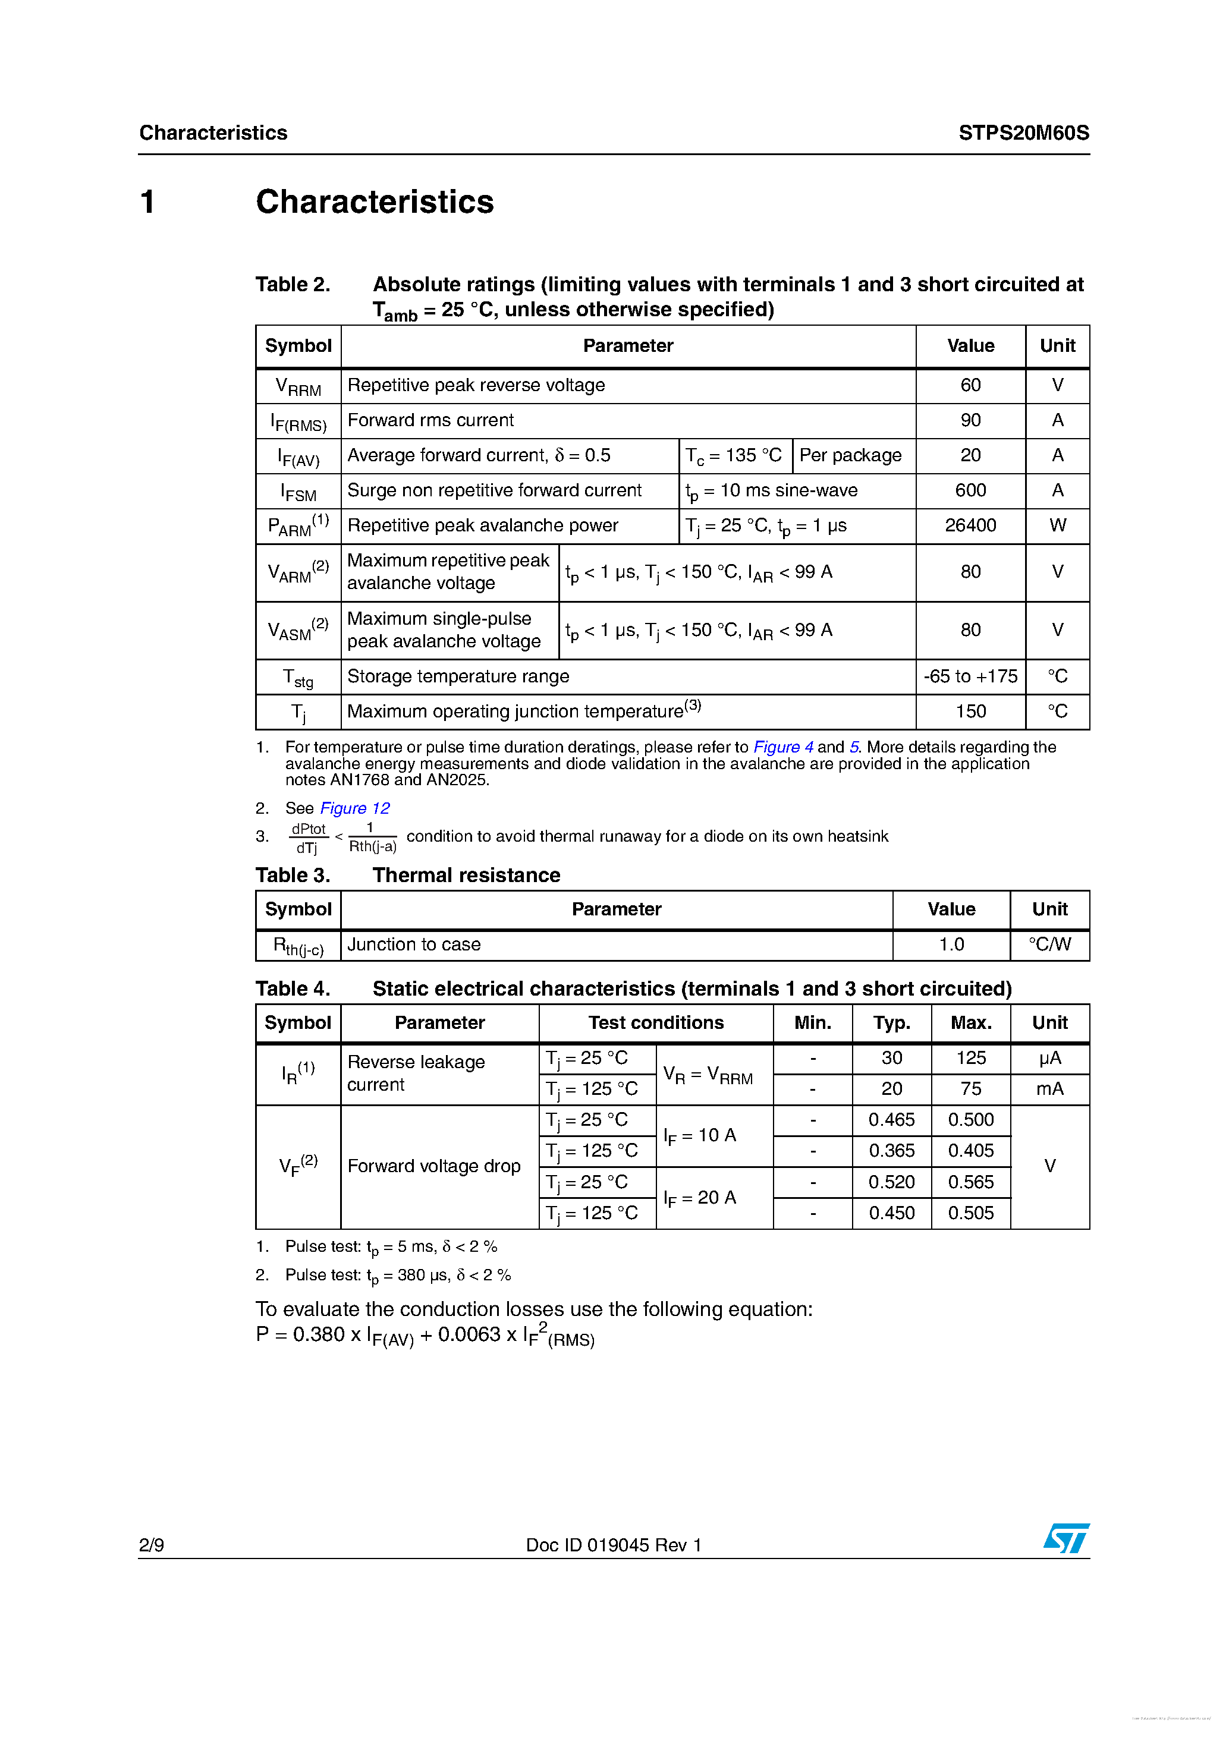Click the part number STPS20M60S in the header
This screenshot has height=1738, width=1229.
click(x=1023, y=133)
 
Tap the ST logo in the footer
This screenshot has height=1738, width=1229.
click(x=1066, y=1539)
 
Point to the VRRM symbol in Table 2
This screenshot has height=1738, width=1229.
click(x=298, y=387)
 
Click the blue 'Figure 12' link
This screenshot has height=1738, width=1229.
click(x=354, y=808)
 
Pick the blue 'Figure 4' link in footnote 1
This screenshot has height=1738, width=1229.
click(x=783, y=747)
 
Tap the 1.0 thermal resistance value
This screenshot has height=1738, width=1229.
click(x=951, y=944)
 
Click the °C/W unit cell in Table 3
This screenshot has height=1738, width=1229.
click(x=1049, y=944)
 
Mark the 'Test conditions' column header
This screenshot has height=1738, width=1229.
click(x=656, y=1023)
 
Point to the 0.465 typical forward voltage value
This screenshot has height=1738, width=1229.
click(x=891, y=1120)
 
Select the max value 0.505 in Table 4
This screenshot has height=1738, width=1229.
click(x=971, y=1213)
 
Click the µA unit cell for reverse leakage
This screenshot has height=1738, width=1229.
click(x=1049, y=1057)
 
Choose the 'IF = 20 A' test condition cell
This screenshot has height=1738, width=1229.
click(x=700, y=1198)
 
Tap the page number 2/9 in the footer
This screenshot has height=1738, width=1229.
click(x=152, y=1545)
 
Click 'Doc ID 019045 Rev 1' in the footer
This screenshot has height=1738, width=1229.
click(x=614, y=1545)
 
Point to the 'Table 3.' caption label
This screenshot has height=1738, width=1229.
click(x=293, y=875)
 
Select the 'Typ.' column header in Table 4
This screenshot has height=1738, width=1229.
click(x=891, y=1023)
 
